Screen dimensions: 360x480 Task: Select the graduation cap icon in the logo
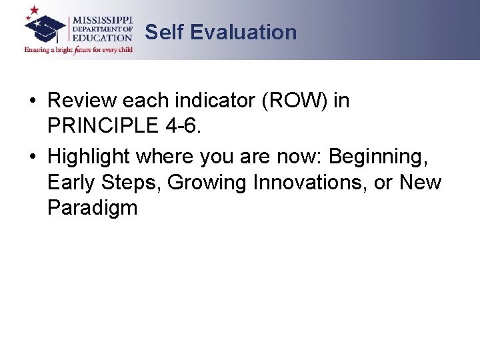(45, 28)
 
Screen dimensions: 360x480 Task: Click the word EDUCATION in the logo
(102, 38)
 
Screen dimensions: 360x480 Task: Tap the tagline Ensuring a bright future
(79, 49)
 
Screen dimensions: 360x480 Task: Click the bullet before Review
(33, 102)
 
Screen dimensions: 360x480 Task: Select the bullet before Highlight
(33, 157)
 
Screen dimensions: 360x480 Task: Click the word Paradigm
(92, 208)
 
